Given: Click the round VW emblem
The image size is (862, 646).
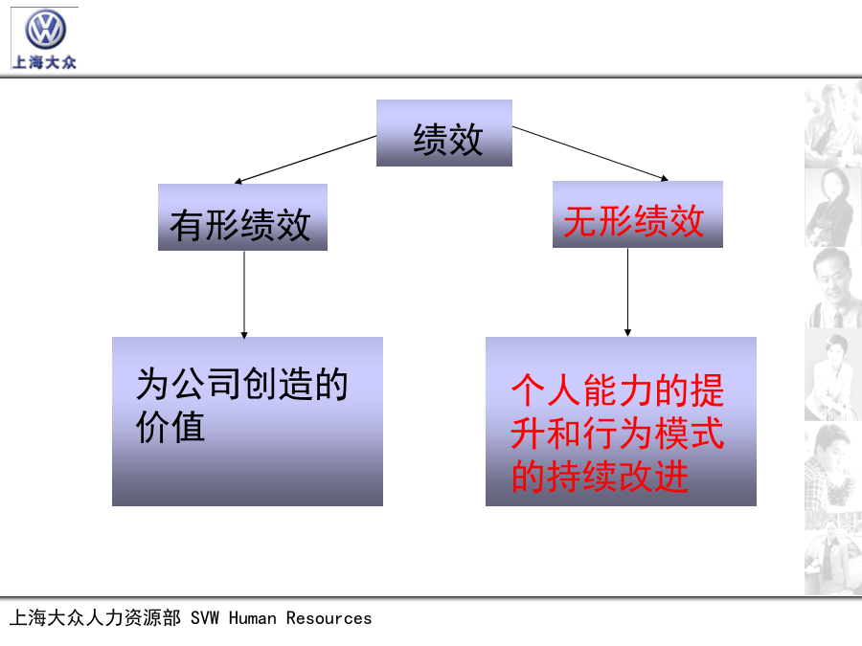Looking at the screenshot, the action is (45, 29).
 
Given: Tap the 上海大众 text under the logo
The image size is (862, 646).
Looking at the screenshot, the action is (44, 62).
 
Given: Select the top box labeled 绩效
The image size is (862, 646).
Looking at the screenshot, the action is (444, 133).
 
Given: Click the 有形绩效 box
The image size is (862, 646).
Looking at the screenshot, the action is (242, 217).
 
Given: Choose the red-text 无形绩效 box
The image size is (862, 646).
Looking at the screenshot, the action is (638, 214).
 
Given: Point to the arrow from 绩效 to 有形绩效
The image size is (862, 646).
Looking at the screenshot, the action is (306, 159).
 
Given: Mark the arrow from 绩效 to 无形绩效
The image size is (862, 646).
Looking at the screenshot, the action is (590, 154).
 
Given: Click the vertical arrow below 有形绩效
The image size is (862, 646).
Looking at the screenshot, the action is (244, 295).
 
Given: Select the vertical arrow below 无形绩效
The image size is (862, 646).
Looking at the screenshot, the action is (627, 292).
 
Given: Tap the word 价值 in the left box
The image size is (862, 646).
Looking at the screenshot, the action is (170, 427).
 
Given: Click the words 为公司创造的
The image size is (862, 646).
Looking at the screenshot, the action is (242, 384).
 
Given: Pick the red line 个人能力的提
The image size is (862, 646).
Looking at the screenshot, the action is (618, 390).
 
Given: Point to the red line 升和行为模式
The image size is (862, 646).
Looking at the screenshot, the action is (618, 433).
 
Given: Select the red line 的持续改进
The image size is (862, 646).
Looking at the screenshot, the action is (600, 476).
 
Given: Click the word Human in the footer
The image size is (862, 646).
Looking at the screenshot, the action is (252, 618).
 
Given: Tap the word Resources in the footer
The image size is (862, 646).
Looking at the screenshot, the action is (329, 618).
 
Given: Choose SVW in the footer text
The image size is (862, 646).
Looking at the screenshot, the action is (205, 618).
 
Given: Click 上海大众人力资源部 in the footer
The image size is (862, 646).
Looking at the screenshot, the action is (95, 617).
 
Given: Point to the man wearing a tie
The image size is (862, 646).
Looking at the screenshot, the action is (834, 288).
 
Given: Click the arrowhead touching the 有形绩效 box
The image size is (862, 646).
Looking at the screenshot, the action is (238, 181).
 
